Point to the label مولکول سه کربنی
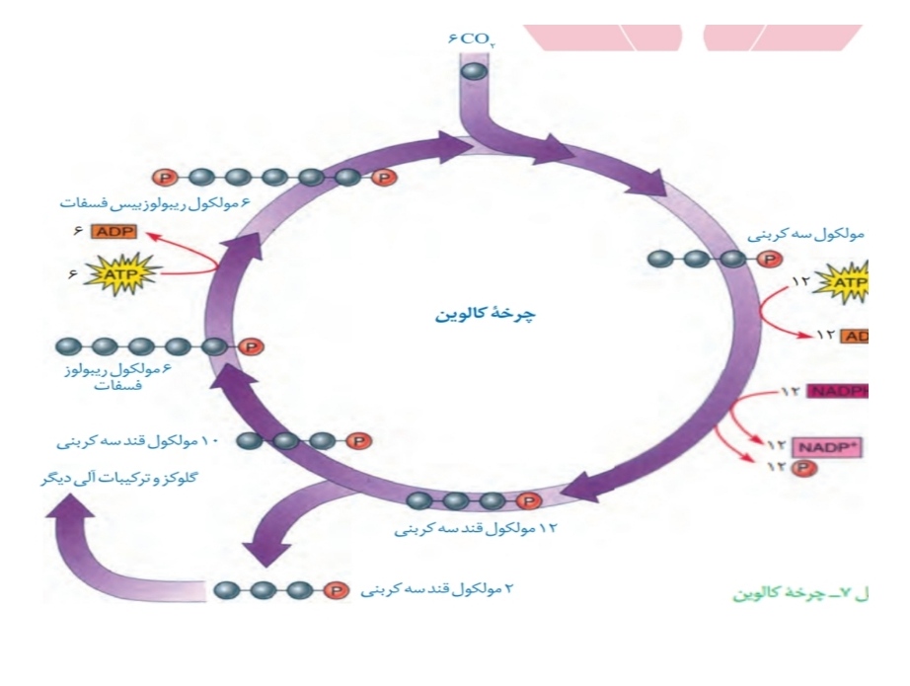click(x=805, y=235)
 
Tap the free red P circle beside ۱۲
click(x=799, y=465)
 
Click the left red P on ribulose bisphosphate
click(x=164, y=178)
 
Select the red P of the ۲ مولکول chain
click(x=336, y=590)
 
